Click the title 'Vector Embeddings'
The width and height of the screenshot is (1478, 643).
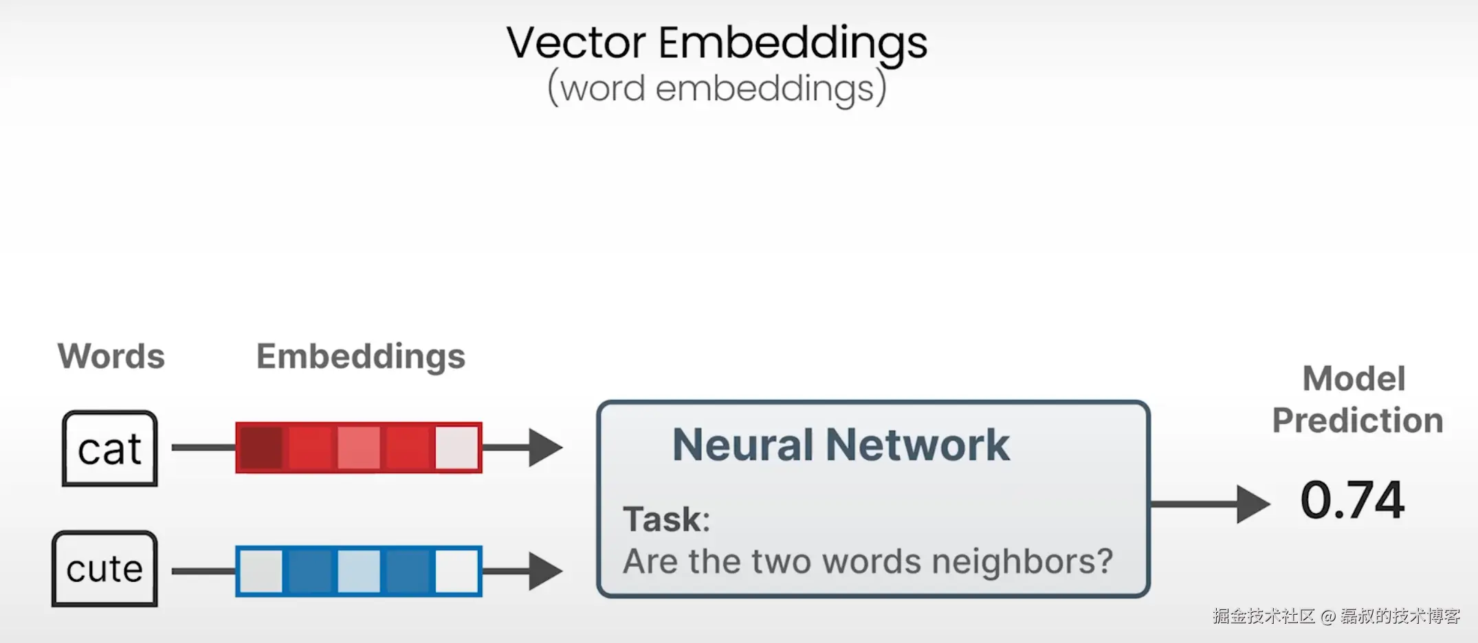716,43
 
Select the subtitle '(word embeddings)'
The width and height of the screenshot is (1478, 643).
716,89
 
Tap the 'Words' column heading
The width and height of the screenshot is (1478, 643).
111,356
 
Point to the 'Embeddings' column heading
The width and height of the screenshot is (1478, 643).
361,356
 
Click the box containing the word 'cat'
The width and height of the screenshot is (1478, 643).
110,449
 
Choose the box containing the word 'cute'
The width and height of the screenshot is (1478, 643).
104,569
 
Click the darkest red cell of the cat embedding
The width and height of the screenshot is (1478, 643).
261,448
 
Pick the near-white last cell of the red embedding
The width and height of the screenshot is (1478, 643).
457,448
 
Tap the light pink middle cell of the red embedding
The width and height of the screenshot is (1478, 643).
359,448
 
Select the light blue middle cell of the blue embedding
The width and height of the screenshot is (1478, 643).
359,571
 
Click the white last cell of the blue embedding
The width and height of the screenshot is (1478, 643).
457,571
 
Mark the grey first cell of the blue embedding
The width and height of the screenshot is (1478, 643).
261,571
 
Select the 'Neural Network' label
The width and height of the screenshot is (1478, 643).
841,444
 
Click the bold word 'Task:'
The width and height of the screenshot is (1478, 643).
666,519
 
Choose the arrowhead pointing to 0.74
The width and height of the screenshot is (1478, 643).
1253,504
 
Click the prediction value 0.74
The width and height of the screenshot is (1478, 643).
1352,499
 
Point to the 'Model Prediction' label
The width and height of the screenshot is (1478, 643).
1356,399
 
